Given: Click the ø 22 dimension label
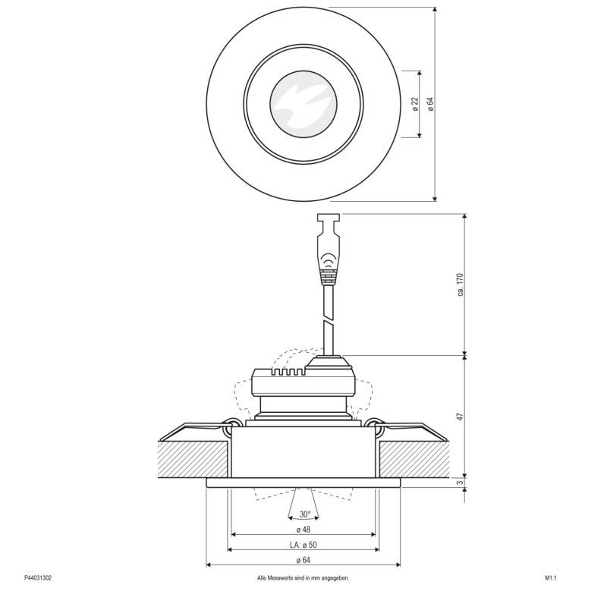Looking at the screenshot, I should (415, 104).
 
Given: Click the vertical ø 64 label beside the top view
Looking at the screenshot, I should (429, 104).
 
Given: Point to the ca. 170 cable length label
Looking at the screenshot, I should (460, 284).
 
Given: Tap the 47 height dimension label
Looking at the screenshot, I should (460, 417).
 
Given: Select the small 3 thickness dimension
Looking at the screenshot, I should (460, 483).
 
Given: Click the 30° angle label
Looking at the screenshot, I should (303, 514).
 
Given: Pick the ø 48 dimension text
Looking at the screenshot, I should (303, 529).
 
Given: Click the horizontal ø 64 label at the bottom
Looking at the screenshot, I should (303, 561).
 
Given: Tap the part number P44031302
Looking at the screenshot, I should (38, 577).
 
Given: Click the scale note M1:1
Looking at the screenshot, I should (551, 577).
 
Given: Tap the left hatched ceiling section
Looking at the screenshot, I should (193, 460).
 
